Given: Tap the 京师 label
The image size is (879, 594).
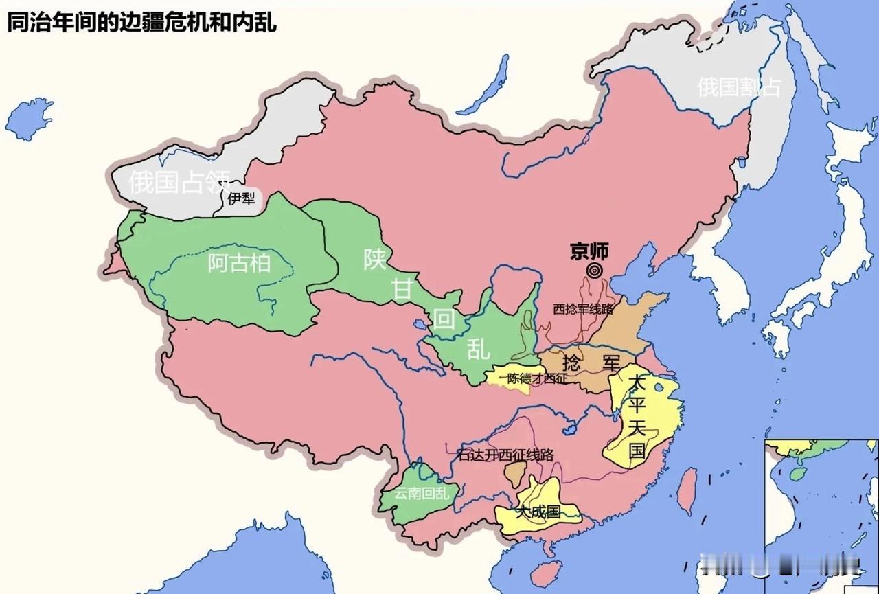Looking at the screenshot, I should click(x=589, y=251).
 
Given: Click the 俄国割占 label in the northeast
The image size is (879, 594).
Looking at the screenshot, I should click(x=739, y=87).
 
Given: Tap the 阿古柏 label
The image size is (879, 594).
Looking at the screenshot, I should click(x=239, y=262).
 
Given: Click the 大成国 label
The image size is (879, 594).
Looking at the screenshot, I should click(x=539, y=512).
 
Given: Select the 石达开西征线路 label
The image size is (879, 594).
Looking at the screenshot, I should click(x=505, y=455).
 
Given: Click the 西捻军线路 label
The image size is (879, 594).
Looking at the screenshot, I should click(x=582, y=309).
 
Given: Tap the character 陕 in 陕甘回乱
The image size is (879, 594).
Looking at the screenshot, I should click(x=376, y=259).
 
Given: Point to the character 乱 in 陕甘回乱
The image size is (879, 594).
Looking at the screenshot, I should click(x=479, y=349).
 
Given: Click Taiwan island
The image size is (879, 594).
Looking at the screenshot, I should click(x=687, y=490).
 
